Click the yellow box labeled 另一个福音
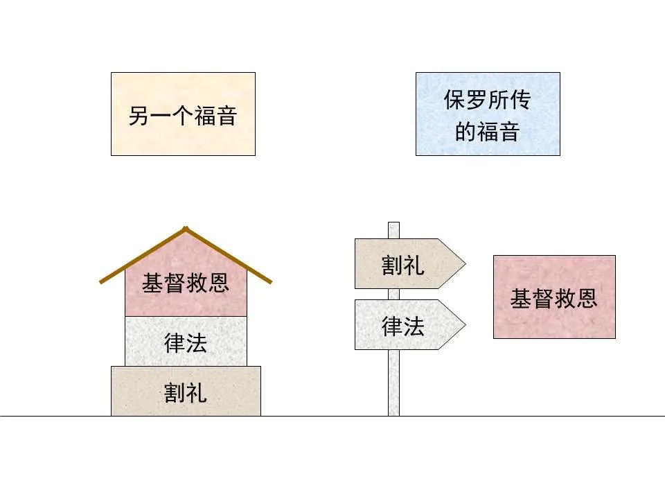[x=183, y=114]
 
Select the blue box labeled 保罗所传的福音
[x=488, y=114]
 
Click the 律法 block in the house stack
[x=186, y=342]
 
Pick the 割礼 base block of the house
[x=186, y=391]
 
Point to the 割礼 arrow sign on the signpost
[x=409, y=264]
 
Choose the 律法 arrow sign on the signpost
[x=409, y=325]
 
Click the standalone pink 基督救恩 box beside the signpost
[x=554, y=297]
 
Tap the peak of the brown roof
[x=186, y=228]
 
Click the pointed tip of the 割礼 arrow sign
[x=465, y=264]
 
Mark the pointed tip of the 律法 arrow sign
[x=465, y=325]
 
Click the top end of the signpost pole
[x=393, y=222]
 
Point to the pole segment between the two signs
[x=393, y=295]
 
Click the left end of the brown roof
[x=100, y=282]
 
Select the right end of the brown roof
[x=271, y=282]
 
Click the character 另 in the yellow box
[x=139, y=116]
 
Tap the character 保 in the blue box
[x=454, y=100]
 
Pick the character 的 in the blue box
[x=465, y=132]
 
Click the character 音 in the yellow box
[x=227, y=116]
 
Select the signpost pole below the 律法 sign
[x=393, y=383]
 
